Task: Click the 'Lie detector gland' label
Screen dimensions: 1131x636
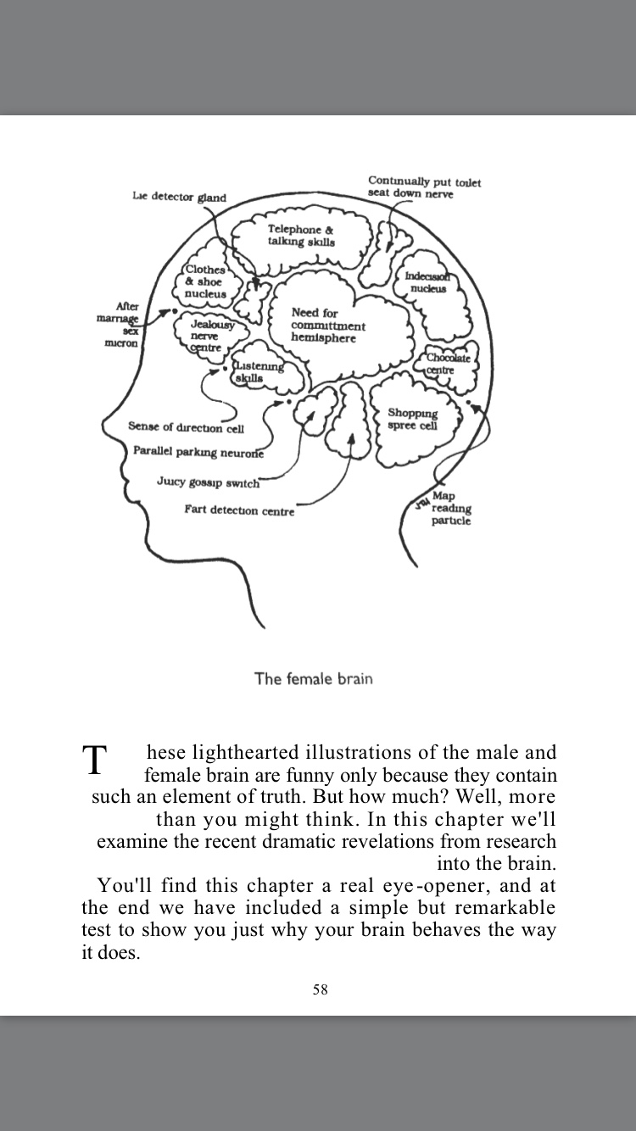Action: point(179,198)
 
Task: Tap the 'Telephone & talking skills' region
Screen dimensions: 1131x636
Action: point(301,235)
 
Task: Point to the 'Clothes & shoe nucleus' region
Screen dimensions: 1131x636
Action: point(206,281)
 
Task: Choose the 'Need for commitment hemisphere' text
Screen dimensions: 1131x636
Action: point(328,326)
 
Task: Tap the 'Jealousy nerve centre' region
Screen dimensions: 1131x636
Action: point(207,336)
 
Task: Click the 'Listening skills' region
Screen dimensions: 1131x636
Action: point(258,371)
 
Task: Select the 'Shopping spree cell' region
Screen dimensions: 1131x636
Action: point(413,419)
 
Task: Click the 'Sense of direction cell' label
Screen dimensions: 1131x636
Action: point(186,427)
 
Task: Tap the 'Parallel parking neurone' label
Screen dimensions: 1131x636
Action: point(198,452)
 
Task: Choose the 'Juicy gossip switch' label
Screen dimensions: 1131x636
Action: point(208,482)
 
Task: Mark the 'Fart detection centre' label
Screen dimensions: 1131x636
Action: point(239,510)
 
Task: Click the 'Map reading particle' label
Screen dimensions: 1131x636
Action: point(449,508)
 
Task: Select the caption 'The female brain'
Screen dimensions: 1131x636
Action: point(314,678)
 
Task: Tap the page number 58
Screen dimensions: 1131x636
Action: point(320,989)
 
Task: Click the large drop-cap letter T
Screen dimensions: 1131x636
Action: point(96,760)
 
